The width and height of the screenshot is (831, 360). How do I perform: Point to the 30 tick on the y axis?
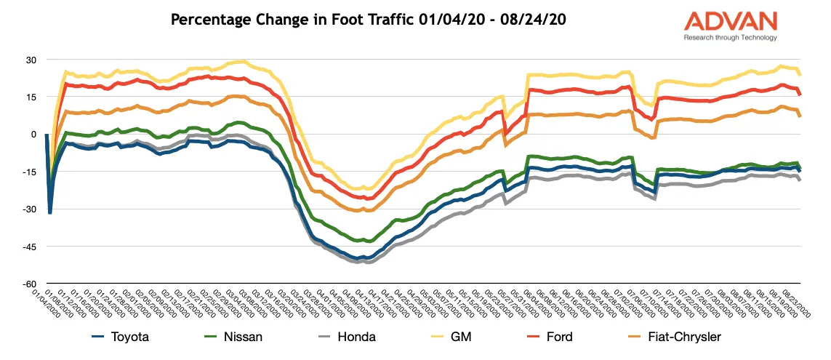(x=31, y=60)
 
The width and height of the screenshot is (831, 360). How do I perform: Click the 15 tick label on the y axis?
(x=31, y=97)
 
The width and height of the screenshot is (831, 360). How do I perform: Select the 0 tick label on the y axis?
(x=33, y=134)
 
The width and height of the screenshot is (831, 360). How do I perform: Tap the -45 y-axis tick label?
(x=30, y=246)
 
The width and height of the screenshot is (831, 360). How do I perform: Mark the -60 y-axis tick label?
(x=30, y=283)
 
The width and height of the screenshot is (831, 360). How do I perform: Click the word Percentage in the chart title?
(x=207, y=20)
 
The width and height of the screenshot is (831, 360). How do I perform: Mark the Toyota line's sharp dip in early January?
(x=49, y=212)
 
